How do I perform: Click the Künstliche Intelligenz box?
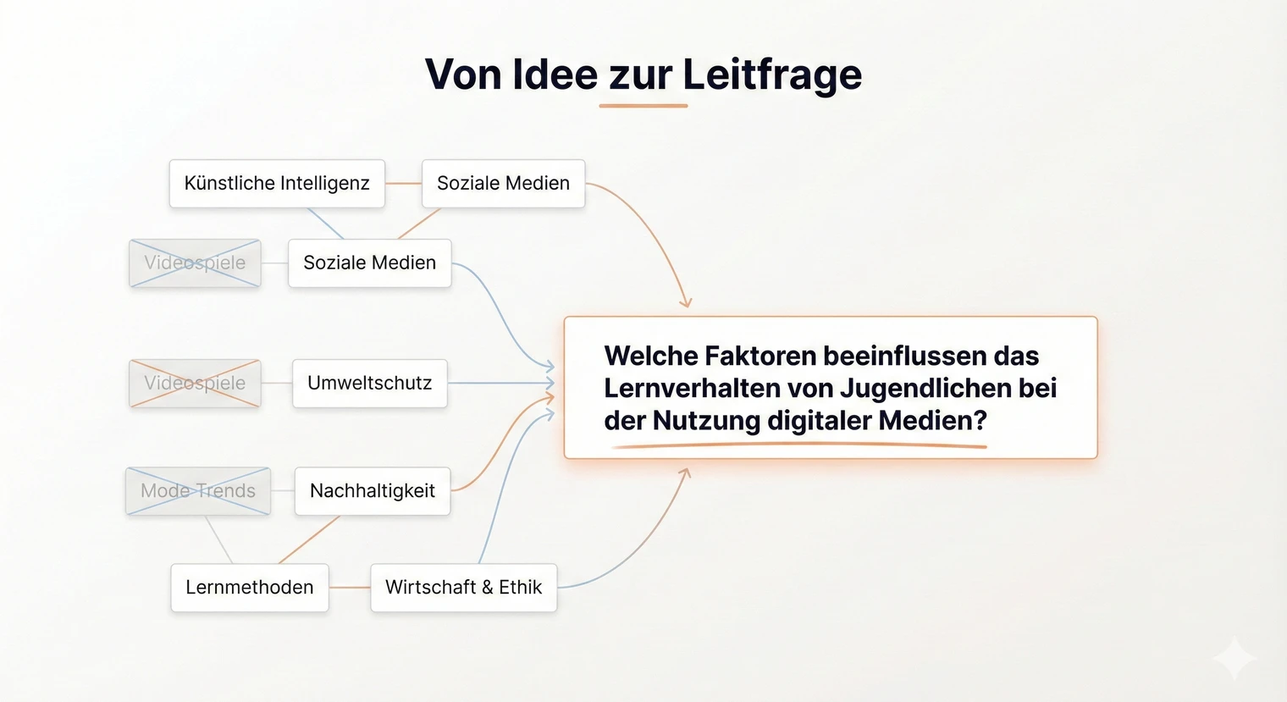point(277,184)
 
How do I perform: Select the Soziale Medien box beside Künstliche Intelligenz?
point(503,184)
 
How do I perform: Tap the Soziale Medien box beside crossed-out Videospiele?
point(369,263)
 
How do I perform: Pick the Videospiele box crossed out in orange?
point(195,384)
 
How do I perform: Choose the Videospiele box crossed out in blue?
point(195,263)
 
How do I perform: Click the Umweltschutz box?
point(369,384)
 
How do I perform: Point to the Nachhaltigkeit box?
point(372,491)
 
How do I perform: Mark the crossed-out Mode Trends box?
point(198,491)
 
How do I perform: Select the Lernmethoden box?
point(249,588)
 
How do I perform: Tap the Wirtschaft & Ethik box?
point(463,588)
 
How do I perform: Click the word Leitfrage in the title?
point(772,75)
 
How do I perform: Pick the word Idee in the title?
point(555,75)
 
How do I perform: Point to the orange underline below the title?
point(643,106)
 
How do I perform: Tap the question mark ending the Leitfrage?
point(980,421)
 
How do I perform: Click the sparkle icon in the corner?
point(1235,658)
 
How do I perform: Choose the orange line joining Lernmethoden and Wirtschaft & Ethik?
point(349,588)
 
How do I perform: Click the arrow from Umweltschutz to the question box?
point(500,384)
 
